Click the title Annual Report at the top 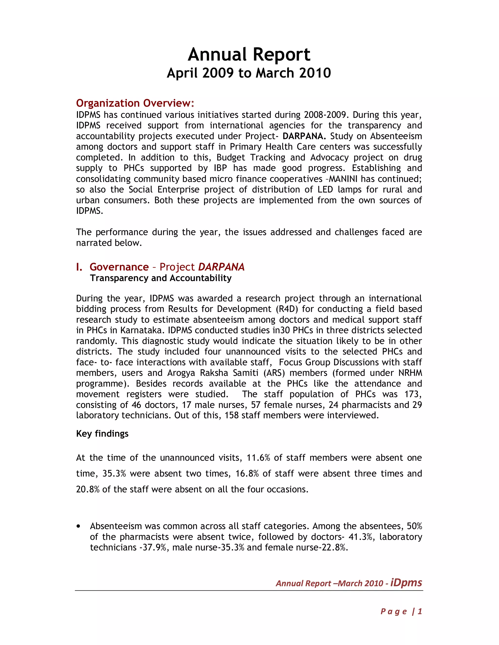(249, 55)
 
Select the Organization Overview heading (135, 103)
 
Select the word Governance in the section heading (119, 267)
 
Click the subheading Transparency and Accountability (161, 278)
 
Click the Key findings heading (102, 434)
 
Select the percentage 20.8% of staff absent (87, 490)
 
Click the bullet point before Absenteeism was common (78, 526)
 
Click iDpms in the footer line (406, 582)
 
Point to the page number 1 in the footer (420, 611)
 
